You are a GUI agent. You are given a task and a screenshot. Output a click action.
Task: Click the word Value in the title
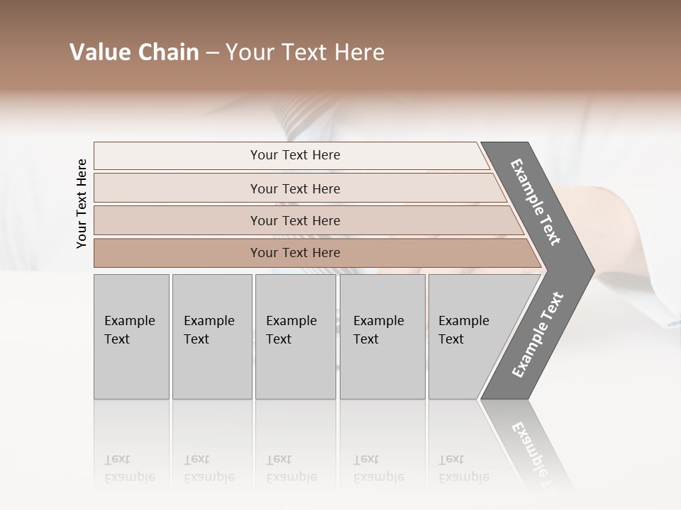coord(99,52)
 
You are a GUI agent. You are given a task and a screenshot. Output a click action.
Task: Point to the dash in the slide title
coord(212,53)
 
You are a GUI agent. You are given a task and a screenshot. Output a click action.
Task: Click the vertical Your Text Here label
coord(82,204)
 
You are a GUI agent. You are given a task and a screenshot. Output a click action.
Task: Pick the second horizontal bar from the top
coord(295,188)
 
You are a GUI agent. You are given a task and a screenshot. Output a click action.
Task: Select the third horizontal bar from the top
coord(295,220)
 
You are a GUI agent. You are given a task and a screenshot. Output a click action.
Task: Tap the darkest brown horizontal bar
coord(295,253)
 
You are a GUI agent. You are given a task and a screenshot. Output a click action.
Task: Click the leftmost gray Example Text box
coord(131,336)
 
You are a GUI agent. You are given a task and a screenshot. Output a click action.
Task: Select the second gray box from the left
coord(211,336)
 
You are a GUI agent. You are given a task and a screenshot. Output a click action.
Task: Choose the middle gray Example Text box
coord(295,336)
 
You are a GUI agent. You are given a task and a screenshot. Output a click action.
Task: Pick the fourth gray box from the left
coord(382,336)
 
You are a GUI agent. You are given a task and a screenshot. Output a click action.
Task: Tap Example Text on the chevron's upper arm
coord(536,202)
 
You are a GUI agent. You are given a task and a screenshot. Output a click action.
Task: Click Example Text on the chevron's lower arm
coord(538,335)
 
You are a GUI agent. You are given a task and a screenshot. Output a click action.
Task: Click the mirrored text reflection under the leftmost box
coord(129,468)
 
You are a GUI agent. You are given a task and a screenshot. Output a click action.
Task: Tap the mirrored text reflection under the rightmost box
coord(463,468)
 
